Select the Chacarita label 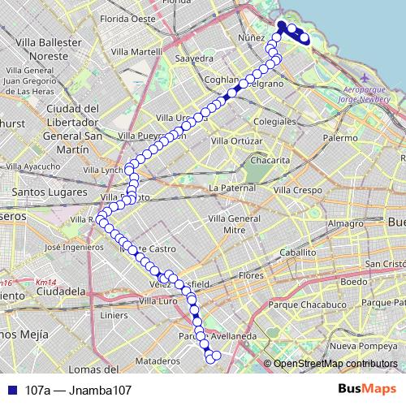pyautogui.click(x=269, y=161)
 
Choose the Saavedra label pyautogui.click(x=194, y=59)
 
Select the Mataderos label pyautogui.click(x=158, y=360)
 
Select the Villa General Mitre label pyautogui.click(x=233, y=225)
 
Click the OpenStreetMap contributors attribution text pyautogui.click(x=335, y=364)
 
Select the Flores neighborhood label pyautogui.click(x=250, y=276)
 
